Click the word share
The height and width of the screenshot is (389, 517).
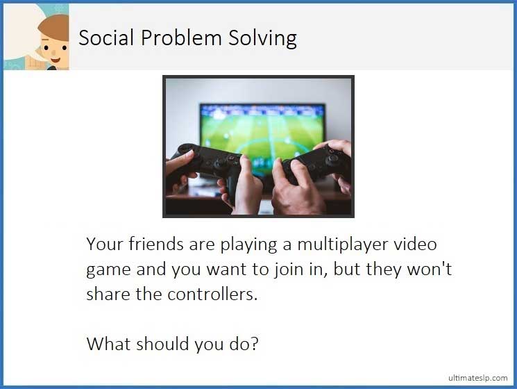tap(109, 293)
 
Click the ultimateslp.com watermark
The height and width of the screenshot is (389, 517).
tap(477, 377)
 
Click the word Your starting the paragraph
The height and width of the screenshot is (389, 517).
tap(105, 245)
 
